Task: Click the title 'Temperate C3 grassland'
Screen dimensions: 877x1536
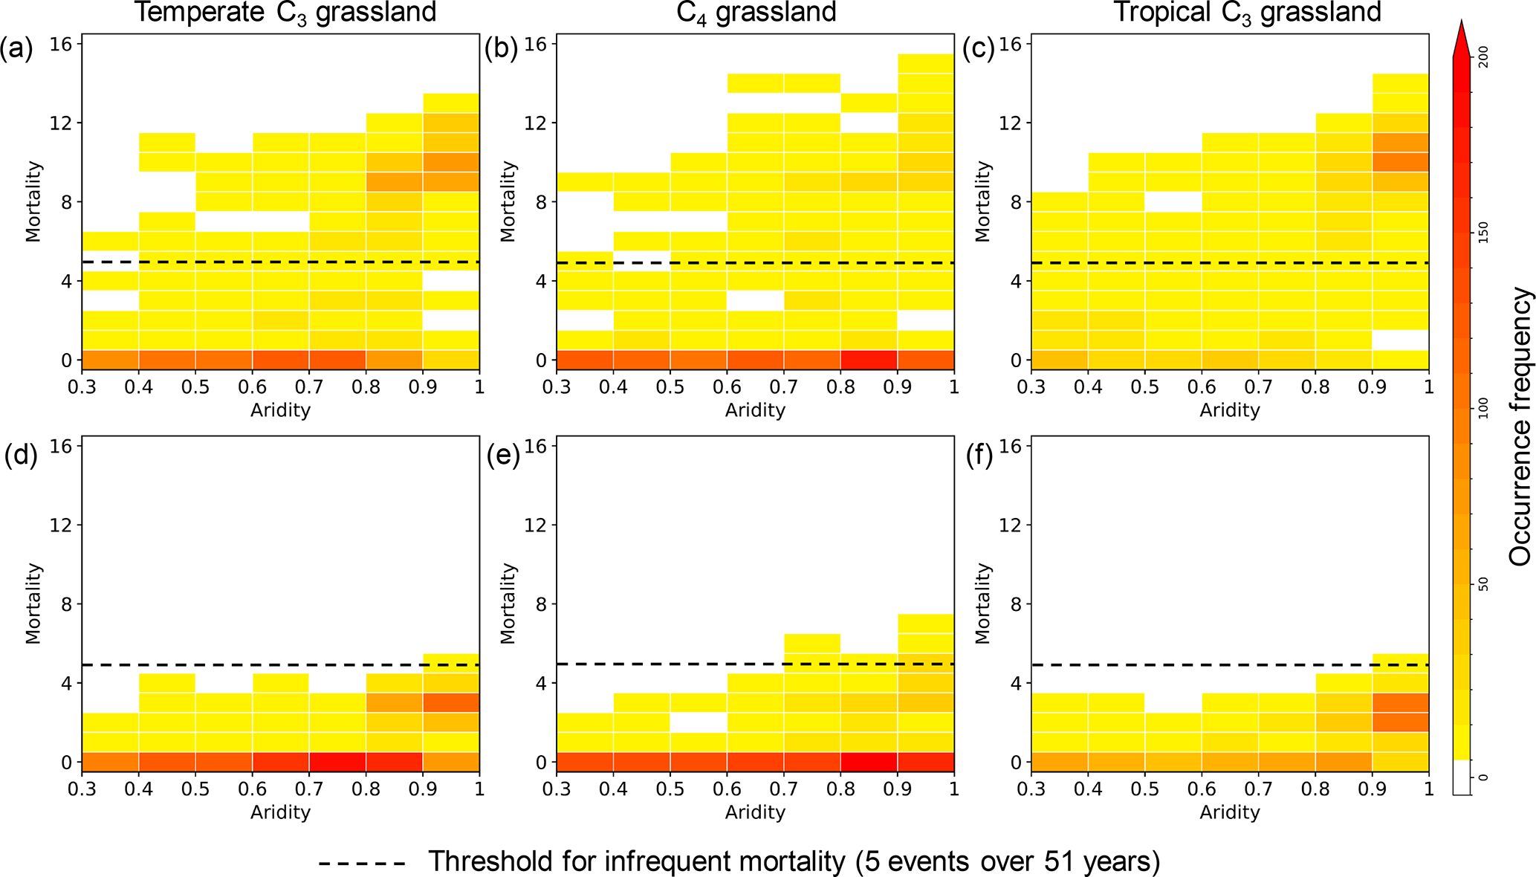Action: point(285,13)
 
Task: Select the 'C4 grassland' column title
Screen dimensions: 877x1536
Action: point(756,13)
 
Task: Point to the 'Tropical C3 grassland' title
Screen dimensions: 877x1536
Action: point(1247,13)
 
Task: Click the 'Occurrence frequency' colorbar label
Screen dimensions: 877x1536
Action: point(1520,427)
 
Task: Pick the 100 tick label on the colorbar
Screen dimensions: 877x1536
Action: point(1483,408)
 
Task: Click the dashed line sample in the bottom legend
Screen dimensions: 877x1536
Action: point(362,863)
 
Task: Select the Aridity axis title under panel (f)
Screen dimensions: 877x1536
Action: point(1230,812)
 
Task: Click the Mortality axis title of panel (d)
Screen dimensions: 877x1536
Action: point(33,603)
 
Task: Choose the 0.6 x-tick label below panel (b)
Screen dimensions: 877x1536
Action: point(728,387)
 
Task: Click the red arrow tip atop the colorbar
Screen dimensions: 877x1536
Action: point(1462,33)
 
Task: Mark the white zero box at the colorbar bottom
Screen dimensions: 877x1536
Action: point(1462,777)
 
